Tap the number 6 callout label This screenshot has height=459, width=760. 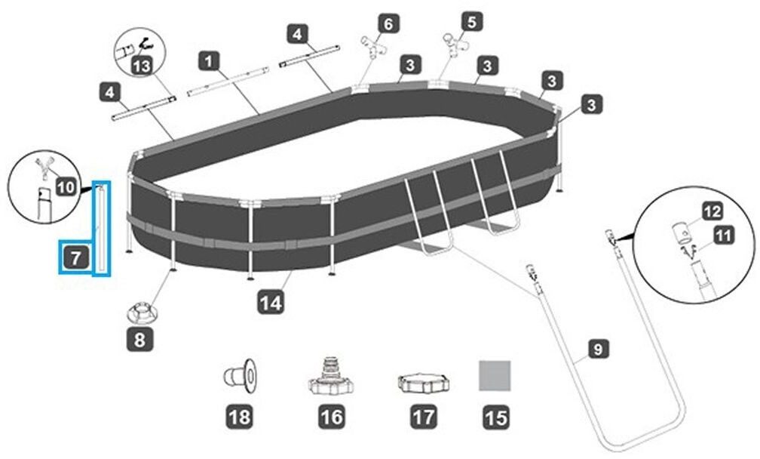[388, 24]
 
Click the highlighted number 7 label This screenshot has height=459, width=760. [75, 258]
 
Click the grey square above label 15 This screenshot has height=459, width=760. [495, 375]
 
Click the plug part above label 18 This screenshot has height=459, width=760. [241, 375]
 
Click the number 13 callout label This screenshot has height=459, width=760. [139, 66]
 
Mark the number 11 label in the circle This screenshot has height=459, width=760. [722, 237]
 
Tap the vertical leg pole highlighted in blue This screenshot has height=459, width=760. [100, 229]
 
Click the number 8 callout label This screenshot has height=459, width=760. [140, 340]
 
